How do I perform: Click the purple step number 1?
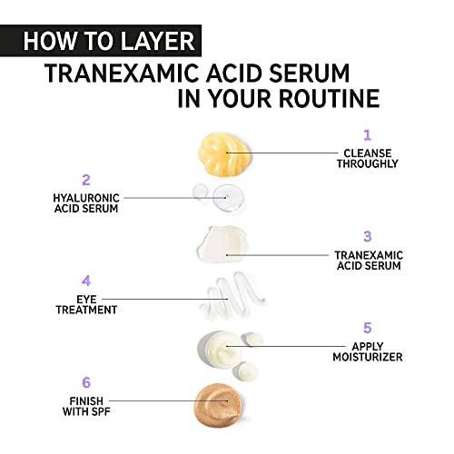(367, 135)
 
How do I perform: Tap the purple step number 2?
(86, 180)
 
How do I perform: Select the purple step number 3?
(368, 236)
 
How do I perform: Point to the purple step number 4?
(86, 281)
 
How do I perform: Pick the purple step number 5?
(368, 328)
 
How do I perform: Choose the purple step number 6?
(86, 382)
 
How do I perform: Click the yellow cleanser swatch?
(224, 153)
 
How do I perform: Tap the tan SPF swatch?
(218, 405)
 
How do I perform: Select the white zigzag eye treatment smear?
(233, 297)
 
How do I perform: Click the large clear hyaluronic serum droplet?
(229, 197)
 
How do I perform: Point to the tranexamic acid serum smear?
(222, 244)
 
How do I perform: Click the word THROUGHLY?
(368, 163)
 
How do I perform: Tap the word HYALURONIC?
(86, 198)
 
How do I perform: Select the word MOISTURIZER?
(368, 357)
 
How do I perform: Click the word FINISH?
(86, 401)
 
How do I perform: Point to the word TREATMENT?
(86, 310)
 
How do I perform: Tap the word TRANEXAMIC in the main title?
(121, 74)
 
